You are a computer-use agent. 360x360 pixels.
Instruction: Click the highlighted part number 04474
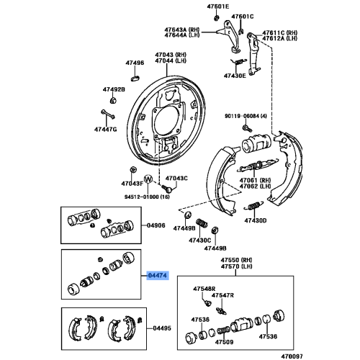point(157,274)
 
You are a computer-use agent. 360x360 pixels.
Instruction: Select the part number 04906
point(157,225)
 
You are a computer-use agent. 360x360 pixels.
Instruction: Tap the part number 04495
point(162,328)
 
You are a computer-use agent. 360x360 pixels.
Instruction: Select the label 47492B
point(114,89)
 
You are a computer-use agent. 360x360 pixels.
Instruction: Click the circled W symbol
point(148,179)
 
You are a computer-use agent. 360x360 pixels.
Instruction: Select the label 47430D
point(255,220)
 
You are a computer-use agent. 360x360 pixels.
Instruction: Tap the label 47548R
point(204,289)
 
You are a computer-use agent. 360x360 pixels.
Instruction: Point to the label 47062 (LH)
point(255,186)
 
